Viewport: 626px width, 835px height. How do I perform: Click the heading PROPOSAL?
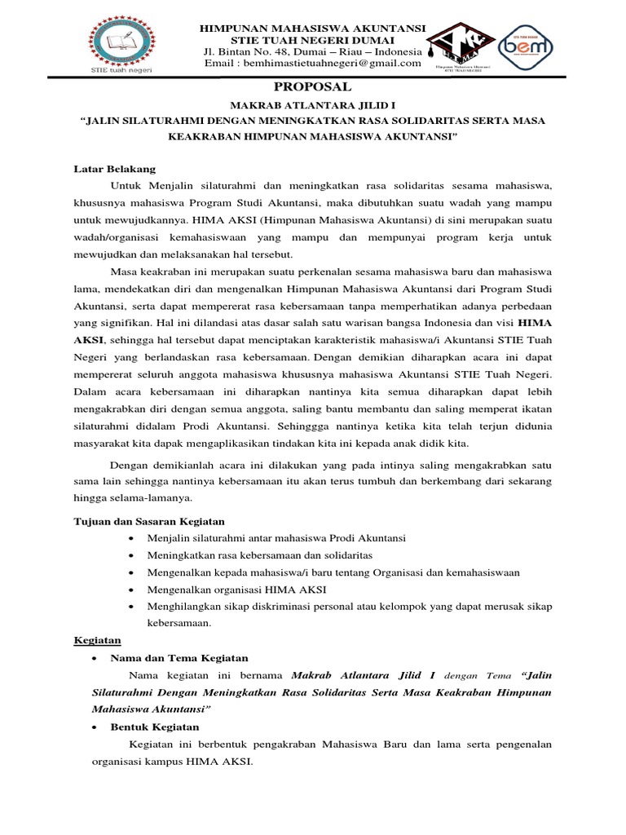313,87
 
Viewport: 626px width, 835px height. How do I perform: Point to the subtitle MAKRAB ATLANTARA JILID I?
313,106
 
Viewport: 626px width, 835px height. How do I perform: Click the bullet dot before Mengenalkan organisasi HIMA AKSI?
134,589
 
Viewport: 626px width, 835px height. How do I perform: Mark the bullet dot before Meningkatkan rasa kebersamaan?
134,555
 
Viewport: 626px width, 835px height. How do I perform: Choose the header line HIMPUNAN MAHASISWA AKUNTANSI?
313,29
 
